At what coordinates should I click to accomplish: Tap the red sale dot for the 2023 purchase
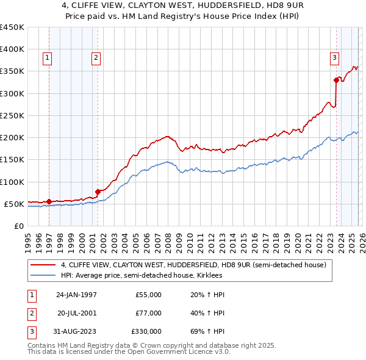click(336, 80)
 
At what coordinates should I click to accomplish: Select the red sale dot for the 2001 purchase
click(98, 192)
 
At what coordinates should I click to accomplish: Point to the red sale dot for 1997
click(49, 201)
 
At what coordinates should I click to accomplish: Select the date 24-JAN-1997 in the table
click(76, 295)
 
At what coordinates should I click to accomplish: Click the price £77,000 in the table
click(148, 313)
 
